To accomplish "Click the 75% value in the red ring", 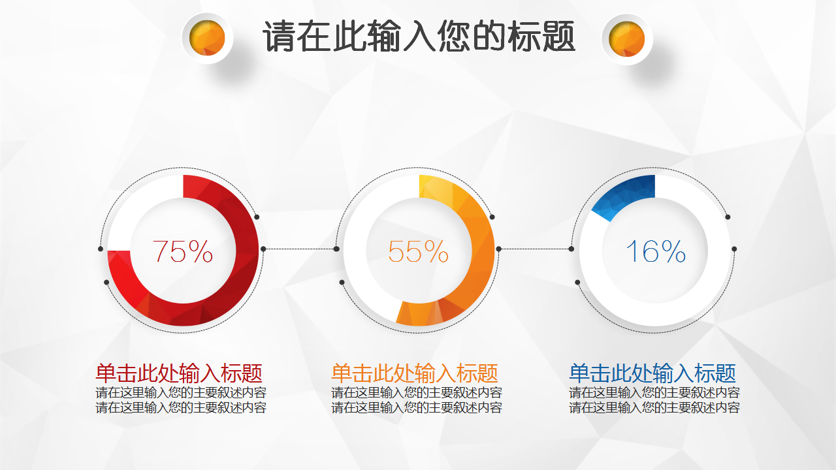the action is click(182, 251).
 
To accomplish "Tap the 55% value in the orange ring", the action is click(418, 251).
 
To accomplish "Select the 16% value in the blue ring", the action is click(655, 251).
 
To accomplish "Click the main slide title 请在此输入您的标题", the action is click(419, 36).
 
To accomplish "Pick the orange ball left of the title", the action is click(207, 38).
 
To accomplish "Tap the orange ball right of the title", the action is click(626, 39).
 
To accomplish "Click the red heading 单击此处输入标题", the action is click(179, 373).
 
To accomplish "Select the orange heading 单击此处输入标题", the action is click(415, 373).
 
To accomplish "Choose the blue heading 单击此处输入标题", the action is click(652, 373).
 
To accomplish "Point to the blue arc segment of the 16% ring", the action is click(627, 193).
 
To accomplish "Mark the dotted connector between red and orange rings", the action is click(300, 249).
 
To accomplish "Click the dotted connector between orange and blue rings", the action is click(535, 249).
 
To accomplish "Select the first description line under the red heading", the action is click(181, 392).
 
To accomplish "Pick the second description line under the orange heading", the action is click(417, 407).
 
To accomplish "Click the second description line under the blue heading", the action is click(654, 407).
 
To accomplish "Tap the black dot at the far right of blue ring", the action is click(734, 249).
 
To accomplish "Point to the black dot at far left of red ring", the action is click(101, 249).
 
